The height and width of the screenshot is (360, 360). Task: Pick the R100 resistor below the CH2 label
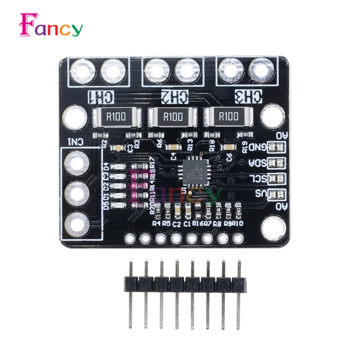pos(173,116)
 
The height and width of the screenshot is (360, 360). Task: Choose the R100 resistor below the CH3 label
pos(228,116)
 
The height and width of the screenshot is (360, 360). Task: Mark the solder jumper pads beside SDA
pos(276,163)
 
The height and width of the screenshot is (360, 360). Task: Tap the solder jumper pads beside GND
pos(276,147)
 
